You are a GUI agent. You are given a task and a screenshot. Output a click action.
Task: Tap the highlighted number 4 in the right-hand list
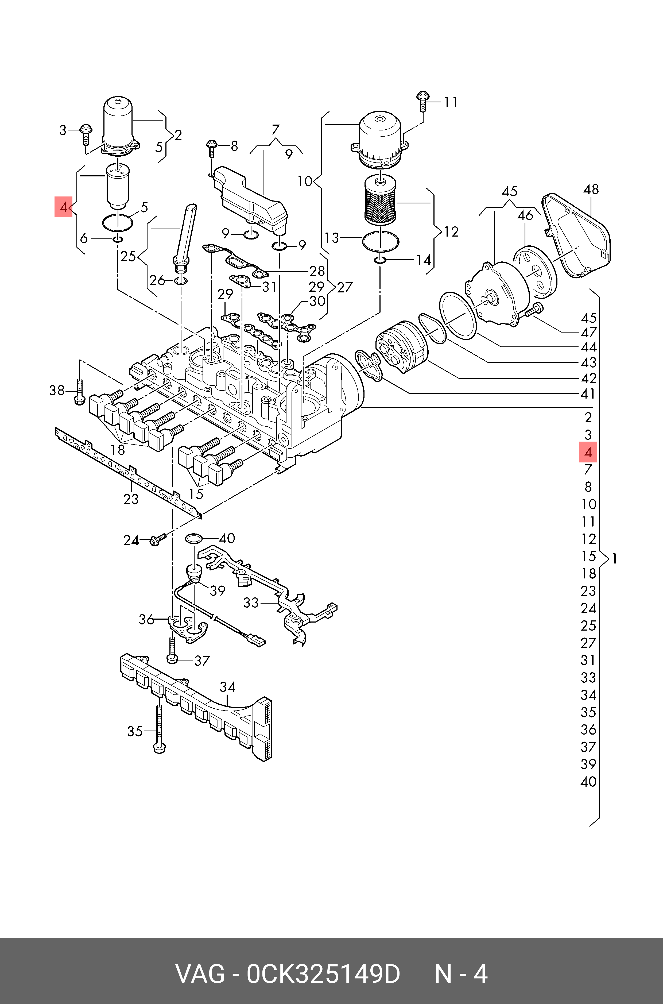[x=588, y=452]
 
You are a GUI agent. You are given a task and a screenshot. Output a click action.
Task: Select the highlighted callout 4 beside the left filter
[x=63, y=207]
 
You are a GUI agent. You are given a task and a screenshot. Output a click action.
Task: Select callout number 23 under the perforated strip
[x=131, y=499]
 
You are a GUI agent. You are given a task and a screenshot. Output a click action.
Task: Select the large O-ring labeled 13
[x=381, y=241]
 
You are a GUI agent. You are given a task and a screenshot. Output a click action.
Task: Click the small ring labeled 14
[x=380, y=259]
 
